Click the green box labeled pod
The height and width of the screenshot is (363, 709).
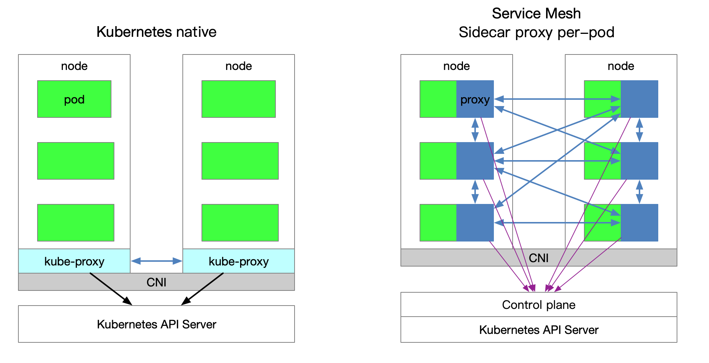(74, 99)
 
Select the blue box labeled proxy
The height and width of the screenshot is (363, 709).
(475, 99)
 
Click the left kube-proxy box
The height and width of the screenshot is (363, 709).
(74, 261)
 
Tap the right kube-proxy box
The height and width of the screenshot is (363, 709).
(238, 261)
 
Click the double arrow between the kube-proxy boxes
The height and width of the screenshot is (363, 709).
(156, 261)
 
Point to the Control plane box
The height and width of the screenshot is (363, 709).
(538, 305)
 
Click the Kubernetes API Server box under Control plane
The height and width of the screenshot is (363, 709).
(538, 330)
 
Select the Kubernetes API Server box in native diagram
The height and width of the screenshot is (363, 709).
(156, 324)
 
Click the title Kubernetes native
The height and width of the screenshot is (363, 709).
(156, 32)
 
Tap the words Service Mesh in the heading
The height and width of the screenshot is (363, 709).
(536, 14)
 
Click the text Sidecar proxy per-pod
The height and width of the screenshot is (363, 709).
(536, 32)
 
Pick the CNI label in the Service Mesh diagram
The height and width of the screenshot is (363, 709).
(538, 258)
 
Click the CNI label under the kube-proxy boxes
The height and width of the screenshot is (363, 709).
(156, 282)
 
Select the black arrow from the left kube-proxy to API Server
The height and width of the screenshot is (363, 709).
(110, 289)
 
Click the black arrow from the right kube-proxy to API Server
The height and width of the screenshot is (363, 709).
(203, 289)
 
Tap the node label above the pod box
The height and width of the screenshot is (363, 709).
(74, 66)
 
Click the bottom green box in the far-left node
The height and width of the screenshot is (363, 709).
(75, 223)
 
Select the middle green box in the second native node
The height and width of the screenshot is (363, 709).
(240, 161)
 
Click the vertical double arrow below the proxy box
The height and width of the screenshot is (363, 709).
(475, 130)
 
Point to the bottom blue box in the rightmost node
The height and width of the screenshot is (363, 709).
(639, 223)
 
